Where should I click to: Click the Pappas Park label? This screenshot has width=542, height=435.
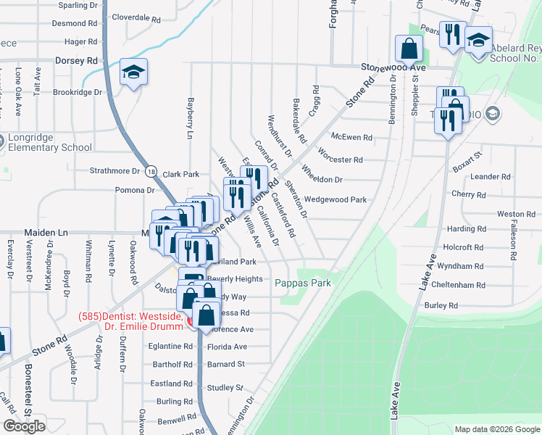(x=304, y=283)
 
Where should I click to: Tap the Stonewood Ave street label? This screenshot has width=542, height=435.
(x=394, y=67)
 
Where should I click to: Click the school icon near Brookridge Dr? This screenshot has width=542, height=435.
(x=133, y=71)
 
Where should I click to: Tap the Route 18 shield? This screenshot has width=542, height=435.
(x=150, y=171)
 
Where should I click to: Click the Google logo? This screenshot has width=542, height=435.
(x=25, y=426)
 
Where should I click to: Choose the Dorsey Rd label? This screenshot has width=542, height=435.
(x=76, y=61)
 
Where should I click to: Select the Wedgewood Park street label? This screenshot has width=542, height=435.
(x=335, y=199)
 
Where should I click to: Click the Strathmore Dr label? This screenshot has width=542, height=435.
(x=114, y=171)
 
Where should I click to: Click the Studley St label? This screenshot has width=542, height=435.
(x=225, y=388)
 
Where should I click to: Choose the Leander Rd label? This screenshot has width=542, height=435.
(x=491, y=176)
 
